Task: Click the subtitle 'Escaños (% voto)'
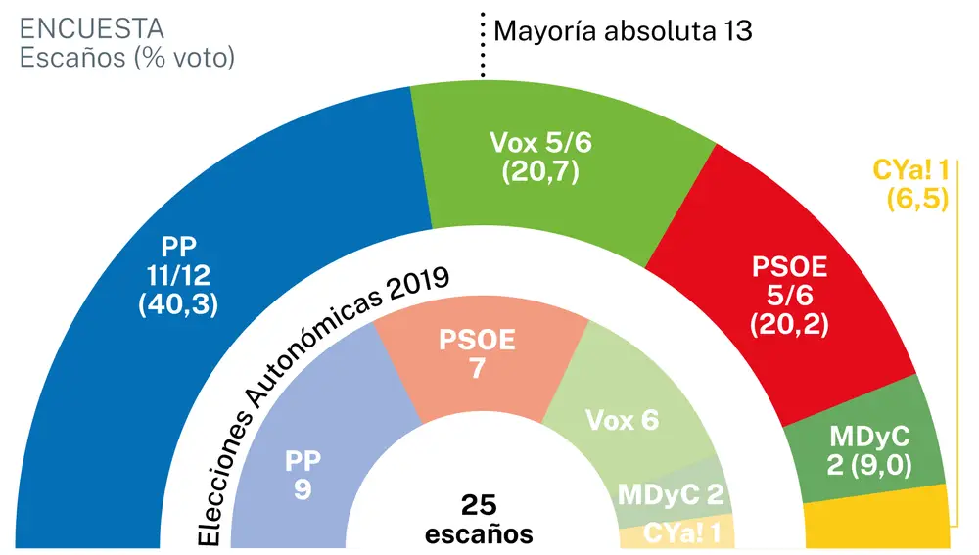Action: (x=128, y=59)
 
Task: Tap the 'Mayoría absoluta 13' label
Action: (x=623, y=30)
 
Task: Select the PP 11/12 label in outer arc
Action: (x=178, y=274)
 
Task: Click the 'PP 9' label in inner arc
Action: (x=303, y=474)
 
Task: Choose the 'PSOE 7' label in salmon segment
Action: (x=476, y=355)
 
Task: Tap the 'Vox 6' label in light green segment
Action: (x=622, y=421)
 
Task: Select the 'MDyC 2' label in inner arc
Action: (x=671, y=494)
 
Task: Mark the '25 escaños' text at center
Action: (x=479, y=519)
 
